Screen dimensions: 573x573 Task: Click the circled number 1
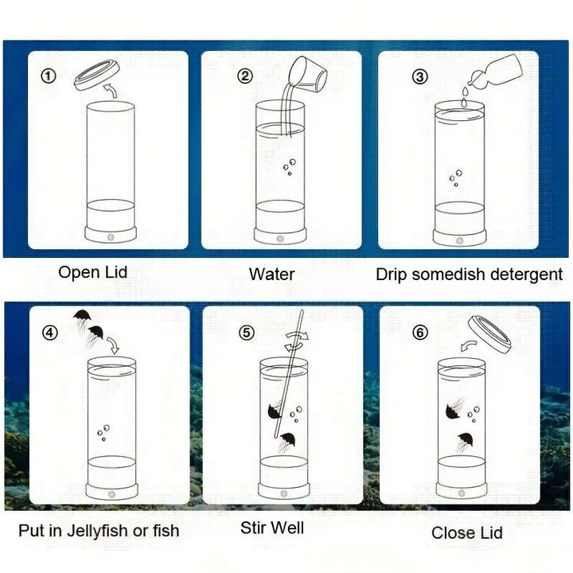pos(48,76)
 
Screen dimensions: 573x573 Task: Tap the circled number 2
pos(245,76)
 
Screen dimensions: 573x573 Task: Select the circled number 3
pos(420,76)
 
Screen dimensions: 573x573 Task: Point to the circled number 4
pos(50,333)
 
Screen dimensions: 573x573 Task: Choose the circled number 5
pos(247,333)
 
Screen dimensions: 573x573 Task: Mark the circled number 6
pos(420,333)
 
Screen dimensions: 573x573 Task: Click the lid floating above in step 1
pos(97,76)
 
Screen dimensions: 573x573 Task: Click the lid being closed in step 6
pos(489,334)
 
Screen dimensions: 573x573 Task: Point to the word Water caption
pos(271,275)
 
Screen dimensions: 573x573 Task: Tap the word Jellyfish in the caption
pos(98,531)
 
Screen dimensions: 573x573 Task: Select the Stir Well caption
pos(272,528)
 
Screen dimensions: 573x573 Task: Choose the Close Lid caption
pos(466,532)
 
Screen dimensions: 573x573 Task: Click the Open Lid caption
pos(93,272)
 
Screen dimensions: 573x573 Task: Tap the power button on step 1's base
pos(111,237)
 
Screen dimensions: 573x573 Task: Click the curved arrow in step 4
pos(113,345)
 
